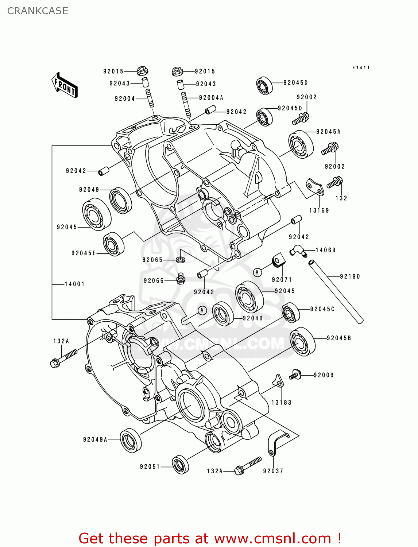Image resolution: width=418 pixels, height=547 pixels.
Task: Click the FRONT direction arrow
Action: (x=65, y=85)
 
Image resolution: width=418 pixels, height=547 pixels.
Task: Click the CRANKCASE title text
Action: (x=38, y=11)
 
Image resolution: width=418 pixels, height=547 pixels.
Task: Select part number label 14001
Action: (x=74, y=284)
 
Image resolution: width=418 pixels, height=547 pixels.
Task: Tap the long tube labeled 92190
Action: (x=336, y=291)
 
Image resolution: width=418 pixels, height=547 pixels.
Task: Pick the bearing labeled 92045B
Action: (x=302, y=342)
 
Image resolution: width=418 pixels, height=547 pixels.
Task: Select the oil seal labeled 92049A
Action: (x=131, y=440)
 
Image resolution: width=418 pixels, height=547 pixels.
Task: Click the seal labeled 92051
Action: (x=180, y=465)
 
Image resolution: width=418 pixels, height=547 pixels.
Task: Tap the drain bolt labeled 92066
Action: (x=181, y=279)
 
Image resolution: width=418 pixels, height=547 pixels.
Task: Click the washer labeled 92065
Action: (x=180, y=260)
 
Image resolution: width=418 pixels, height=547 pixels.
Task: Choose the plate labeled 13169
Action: (x=315, y=187)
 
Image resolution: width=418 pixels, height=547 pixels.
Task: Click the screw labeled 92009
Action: (x=295, y=375)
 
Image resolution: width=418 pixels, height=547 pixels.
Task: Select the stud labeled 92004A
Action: (x=186, y=105)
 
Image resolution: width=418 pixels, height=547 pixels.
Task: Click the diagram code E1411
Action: (x=361, y=67)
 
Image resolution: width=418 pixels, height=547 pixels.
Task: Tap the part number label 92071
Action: (x=282, y=280)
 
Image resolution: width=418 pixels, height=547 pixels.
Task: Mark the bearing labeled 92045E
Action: (x=113, y=244)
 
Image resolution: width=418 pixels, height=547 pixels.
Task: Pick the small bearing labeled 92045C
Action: (x=291, y=313)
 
